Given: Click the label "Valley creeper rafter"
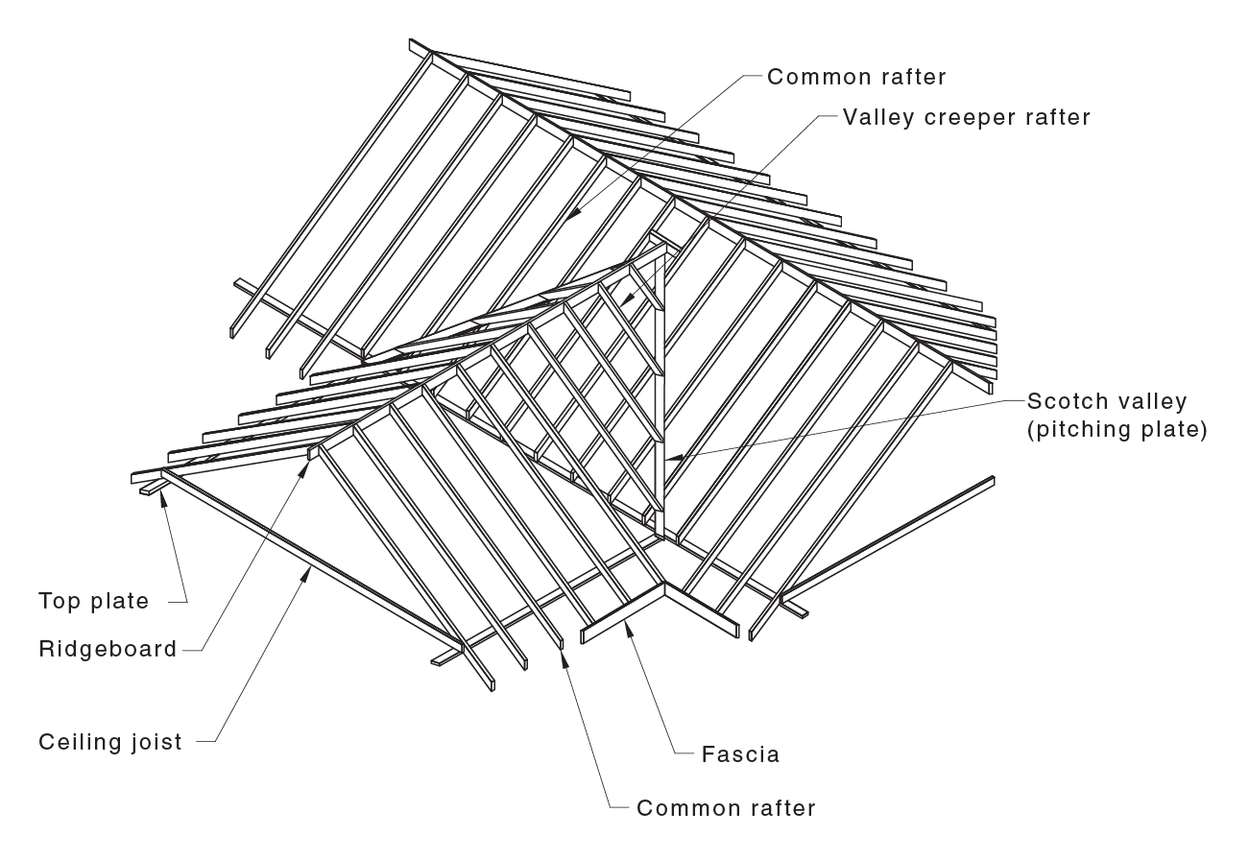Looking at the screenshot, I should tap(967, 117).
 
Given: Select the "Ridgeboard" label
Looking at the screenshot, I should tap(108, 650).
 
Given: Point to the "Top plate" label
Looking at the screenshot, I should tap(94, 602).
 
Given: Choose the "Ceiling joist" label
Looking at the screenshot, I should tap(110, 742).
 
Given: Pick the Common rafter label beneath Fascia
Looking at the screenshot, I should tap(726, 808).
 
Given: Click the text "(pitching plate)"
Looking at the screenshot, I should tap(1117, 429).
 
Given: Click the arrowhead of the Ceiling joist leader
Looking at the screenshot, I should tap(308, 568).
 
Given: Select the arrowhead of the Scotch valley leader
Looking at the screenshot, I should tap(669, 459).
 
